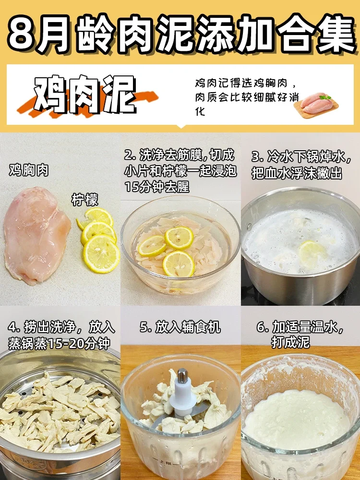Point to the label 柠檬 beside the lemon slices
tap(85, 199)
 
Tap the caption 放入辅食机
tap(180, 327)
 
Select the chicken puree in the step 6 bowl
tap(298, 418)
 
